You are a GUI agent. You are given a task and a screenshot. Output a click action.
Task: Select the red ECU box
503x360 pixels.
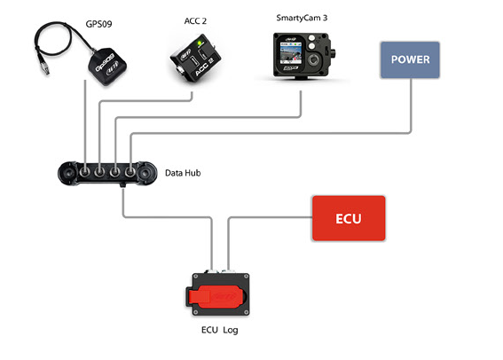[349, 218]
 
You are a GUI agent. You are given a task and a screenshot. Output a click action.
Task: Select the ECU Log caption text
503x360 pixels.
[220, 330]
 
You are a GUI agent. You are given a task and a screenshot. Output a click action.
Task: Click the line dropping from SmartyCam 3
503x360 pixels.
[303, 99]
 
